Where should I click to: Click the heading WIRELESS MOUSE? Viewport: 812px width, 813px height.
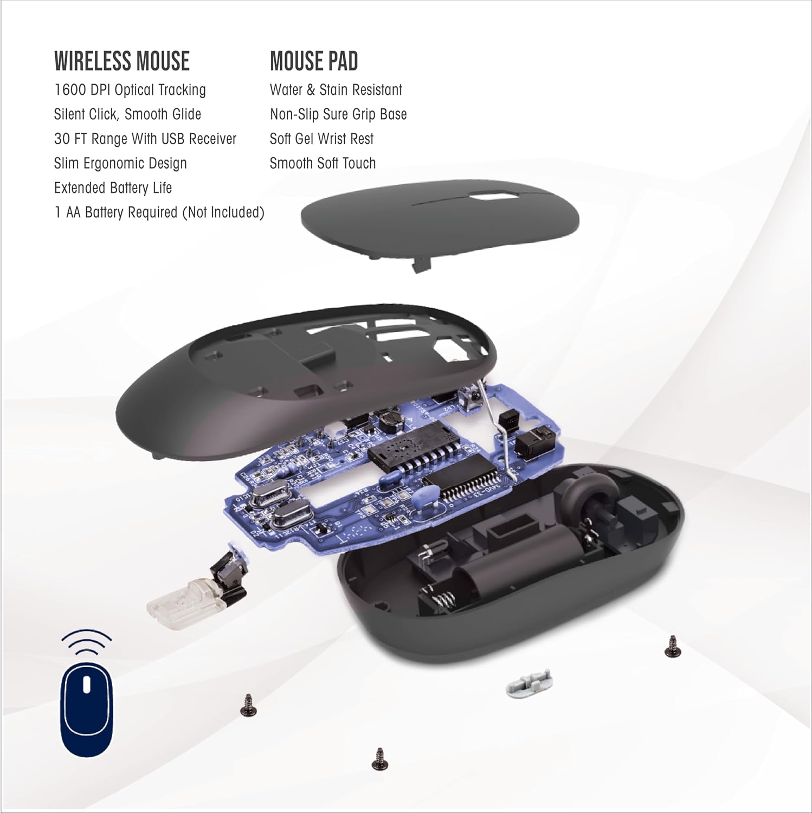coord(122,61)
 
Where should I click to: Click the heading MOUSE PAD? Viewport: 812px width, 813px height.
coord(314,61)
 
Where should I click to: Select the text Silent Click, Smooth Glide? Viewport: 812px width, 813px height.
coord(127,114)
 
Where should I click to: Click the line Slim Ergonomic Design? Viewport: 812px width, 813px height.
coord(120,163)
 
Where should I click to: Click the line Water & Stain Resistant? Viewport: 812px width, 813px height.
coord(336,90)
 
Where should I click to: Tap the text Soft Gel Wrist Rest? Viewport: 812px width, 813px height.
coord(321,139)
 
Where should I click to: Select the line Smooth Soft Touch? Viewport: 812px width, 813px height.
coord(323,163)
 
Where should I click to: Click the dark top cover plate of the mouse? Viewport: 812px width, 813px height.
coord(439,222)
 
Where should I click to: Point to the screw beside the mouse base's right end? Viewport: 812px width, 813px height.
coord(672,646)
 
